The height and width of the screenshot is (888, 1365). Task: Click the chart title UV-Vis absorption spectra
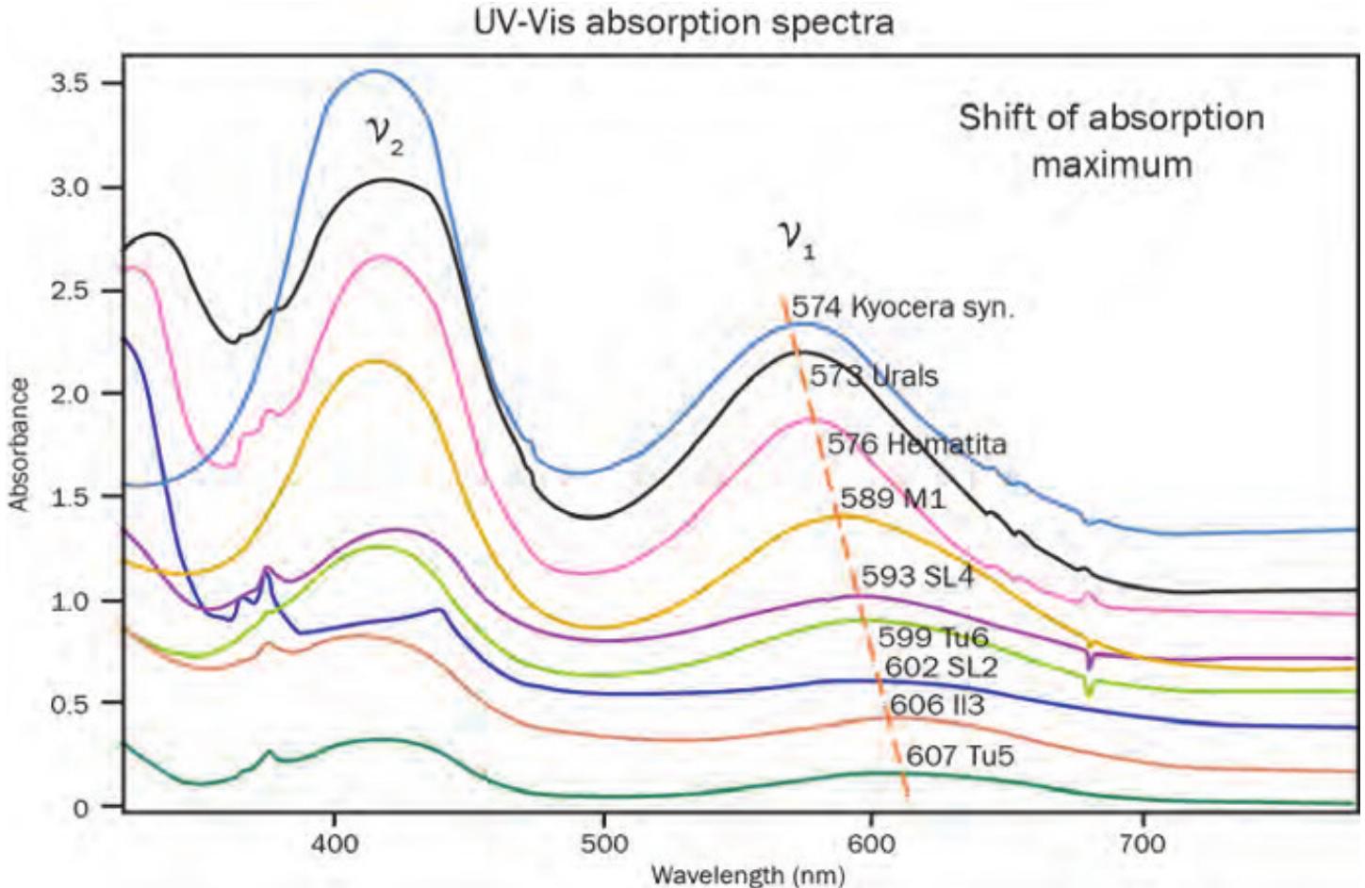tap(683, 21)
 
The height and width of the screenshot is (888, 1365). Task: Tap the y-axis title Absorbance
tap(19, 445)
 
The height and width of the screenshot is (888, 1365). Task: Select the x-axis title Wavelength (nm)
tap(747, 875)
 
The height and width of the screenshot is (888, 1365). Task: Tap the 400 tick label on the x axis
tap(334, 842)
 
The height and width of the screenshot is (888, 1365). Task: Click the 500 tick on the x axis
tap(603, 842)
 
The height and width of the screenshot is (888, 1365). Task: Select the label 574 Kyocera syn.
tap(902, 307)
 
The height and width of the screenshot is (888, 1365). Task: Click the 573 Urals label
tap(874, 376)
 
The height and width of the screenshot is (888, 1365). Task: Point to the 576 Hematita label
tap(916, 443)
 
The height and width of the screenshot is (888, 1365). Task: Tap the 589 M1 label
tap(892, 498)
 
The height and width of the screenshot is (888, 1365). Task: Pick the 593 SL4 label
tap(917, 576)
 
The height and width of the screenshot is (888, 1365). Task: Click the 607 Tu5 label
tap(960, 755)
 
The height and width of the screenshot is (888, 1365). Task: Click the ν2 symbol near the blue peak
tap(385, 138)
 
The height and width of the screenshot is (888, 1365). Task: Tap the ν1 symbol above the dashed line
tap(797, 238)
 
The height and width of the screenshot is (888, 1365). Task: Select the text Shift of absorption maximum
tap(1111, 141)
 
